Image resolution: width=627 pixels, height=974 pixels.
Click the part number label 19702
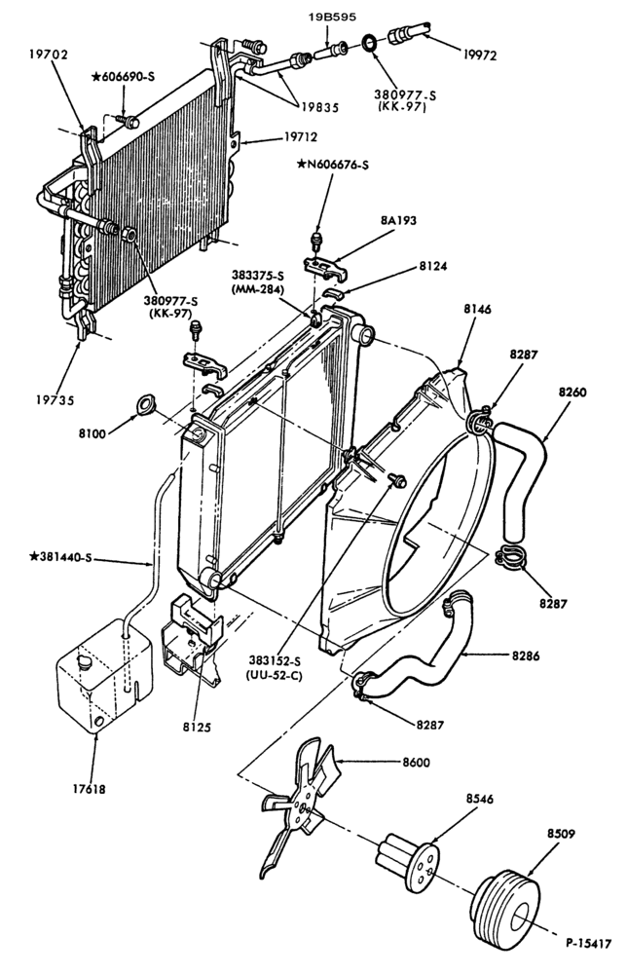(48, 55)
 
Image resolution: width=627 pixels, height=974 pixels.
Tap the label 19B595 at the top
(333, 17)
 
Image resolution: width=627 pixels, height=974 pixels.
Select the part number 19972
(479, 56)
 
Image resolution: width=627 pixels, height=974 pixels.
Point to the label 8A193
(398, 220)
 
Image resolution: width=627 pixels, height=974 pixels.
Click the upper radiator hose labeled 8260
(524, 479)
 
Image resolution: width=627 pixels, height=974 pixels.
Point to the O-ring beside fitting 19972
(369, 44)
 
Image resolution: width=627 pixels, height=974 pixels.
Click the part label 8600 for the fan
(416, 763)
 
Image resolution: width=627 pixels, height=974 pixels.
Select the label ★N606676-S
(333, 165)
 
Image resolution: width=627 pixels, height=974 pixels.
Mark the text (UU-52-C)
(277, 675)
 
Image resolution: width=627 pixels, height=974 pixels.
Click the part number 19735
(54, 400)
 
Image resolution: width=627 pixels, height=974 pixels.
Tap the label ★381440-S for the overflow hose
(60, 556)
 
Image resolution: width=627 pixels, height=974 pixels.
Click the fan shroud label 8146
(477, 309)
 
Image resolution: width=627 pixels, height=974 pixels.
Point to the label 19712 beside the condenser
(301, 136)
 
